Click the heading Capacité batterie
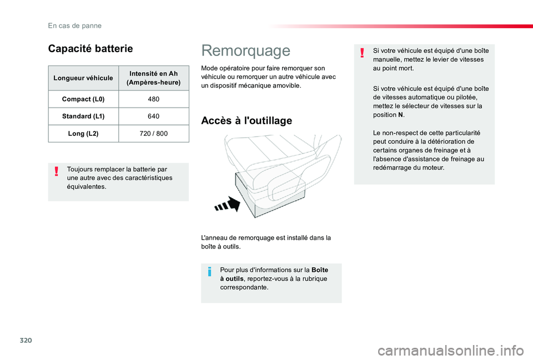(x=90, y=48)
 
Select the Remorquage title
(x=245, y=50)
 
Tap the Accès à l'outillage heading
(x=246, y=120)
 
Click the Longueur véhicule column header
(x=83, y=78)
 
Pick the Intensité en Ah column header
(x=154, y=78)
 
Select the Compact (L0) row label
(x=83, y=99)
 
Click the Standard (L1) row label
(x=83, y=116)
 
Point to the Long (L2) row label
(x=83, y=134)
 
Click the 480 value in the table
(x=154, y=99)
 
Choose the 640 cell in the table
(x=154, y=116)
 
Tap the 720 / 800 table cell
(x=154, y=134)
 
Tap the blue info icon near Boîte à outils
(x=210, y=271)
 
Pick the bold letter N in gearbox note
(x=401, y=115)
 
